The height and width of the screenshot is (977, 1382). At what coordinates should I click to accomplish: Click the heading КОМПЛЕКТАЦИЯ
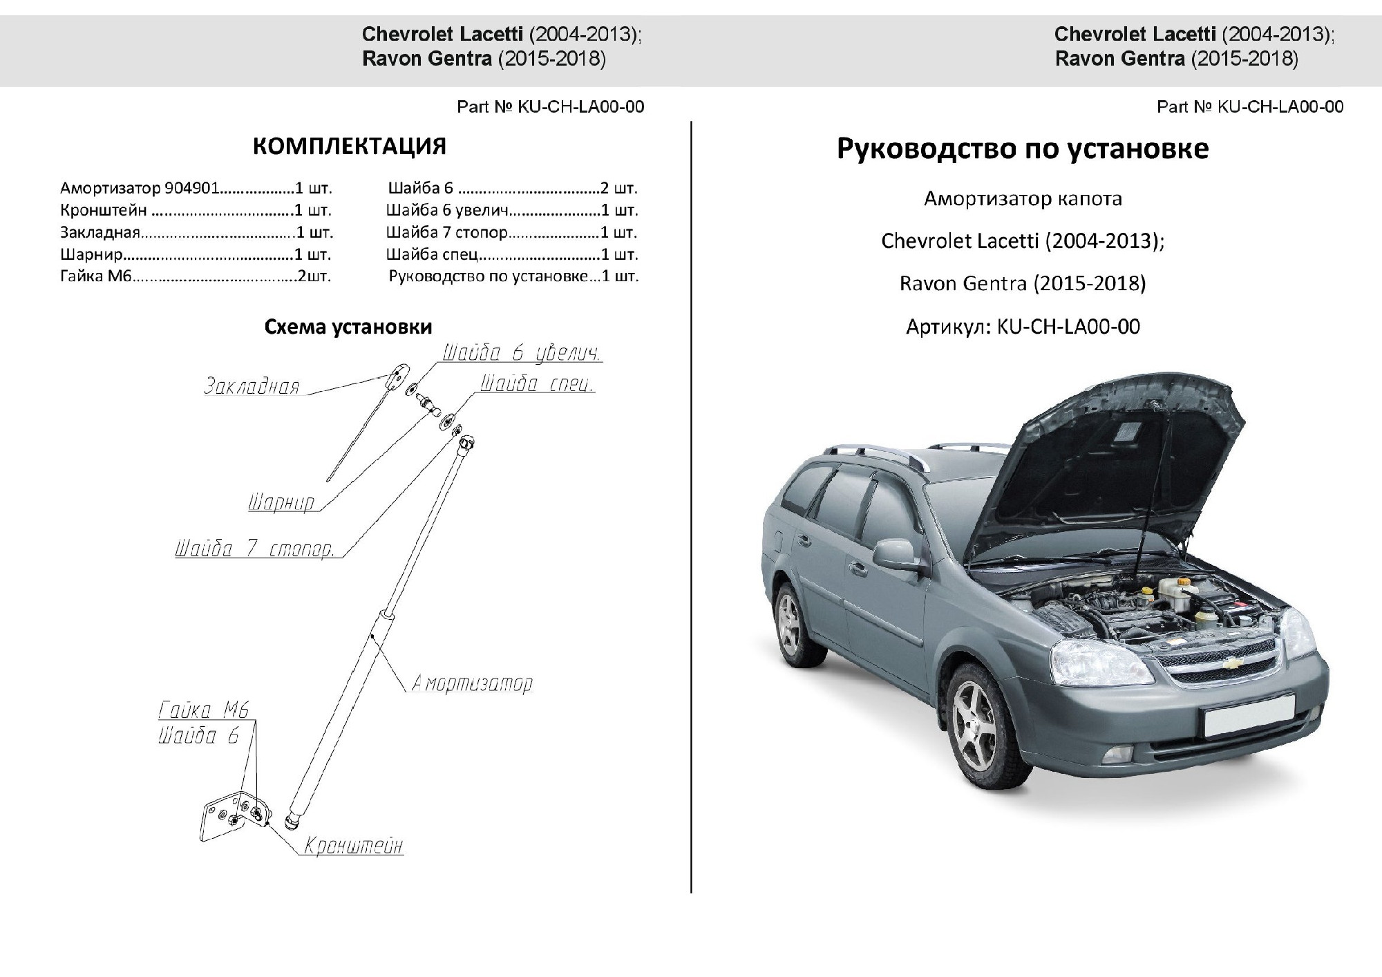[349, 146]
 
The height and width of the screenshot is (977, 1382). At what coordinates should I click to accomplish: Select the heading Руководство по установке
[1023, 149]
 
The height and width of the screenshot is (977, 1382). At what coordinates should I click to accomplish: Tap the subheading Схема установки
[348, 327]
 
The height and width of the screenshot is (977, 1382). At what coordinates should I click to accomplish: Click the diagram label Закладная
[252, 386]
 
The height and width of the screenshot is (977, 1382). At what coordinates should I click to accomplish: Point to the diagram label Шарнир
[281, 502]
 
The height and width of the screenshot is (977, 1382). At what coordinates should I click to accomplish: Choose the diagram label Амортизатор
[472, 683]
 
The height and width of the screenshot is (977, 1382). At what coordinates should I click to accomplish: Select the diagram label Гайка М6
[203, 710]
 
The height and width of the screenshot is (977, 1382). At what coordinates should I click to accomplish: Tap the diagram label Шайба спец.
[536, 384]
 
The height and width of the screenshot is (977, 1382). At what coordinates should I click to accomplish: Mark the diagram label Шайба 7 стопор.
[254, 549]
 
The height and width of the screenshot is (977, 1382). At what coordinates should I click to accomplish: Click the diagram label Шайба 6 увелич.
[522, 353]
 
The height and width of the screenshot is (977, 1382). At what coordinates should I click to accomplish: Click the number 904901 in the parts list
[191, 188]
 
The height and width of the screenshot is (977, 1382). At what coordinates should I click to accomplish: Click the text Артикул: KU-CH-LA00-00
[1023, 326]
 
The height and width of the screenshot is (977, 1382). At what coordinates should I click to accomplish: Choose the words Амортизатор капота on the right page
[1023, 199]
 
